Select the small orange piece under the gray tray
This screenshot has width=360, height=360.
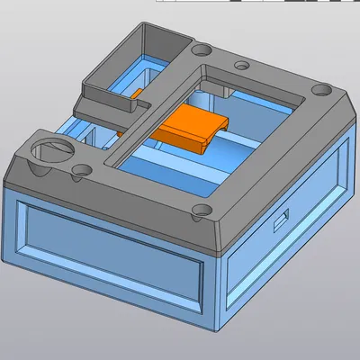pos(138,93)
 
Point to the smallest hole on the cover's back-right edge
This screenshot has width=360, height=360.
pos(241,65)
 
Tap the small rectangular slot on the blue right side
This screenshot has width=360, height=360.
pos(282,217)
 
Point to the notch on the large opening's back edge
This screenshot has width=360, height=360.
pos(220,90)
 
